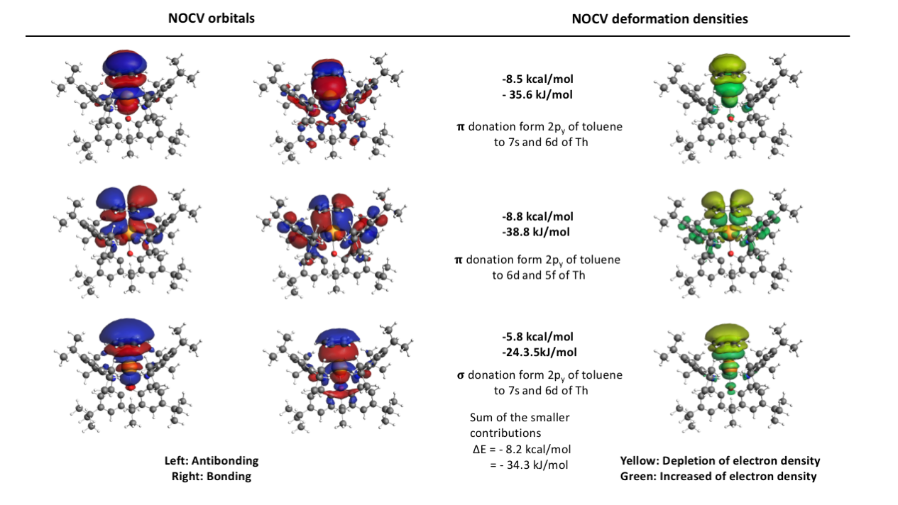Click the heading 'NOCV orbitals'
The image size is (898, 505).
point(212,18)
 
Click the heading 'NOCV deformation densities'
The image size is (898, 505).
point(659,19)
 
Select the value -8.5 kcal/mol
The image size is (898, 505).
point(537,79)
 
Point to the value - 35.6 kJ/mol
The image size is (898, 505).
point(537,94)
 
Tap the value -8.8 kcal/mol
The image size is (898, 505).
point(537,216)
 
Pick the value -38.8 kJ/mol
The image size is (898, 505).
point(536,232)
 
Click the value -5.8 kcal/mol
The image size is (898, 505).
point(537,336)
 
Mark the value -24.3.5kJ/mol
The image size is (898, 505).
point(540,352)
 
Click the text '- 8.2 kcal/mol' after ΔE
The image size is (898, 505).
point(535,450)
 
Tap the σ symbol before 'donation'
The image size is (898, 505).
point(461,376)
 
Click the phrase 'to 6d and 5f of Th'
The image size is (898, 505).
point(539,275)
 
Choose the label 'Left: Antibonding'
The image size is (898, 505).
point(212,460)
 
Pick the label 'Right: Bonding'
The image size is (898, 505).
point(212,476)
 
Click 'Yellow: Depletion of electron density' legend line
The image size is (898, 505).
point(720,460)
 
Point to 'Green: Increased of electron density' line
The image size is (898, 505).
point(718,476)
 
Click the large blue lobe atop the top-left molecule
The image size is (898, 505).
point(125,63)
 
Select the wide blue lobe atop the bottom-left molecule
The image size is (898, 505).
point(126,332)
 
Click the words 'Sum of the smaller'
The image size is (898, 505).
point(520,417)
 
